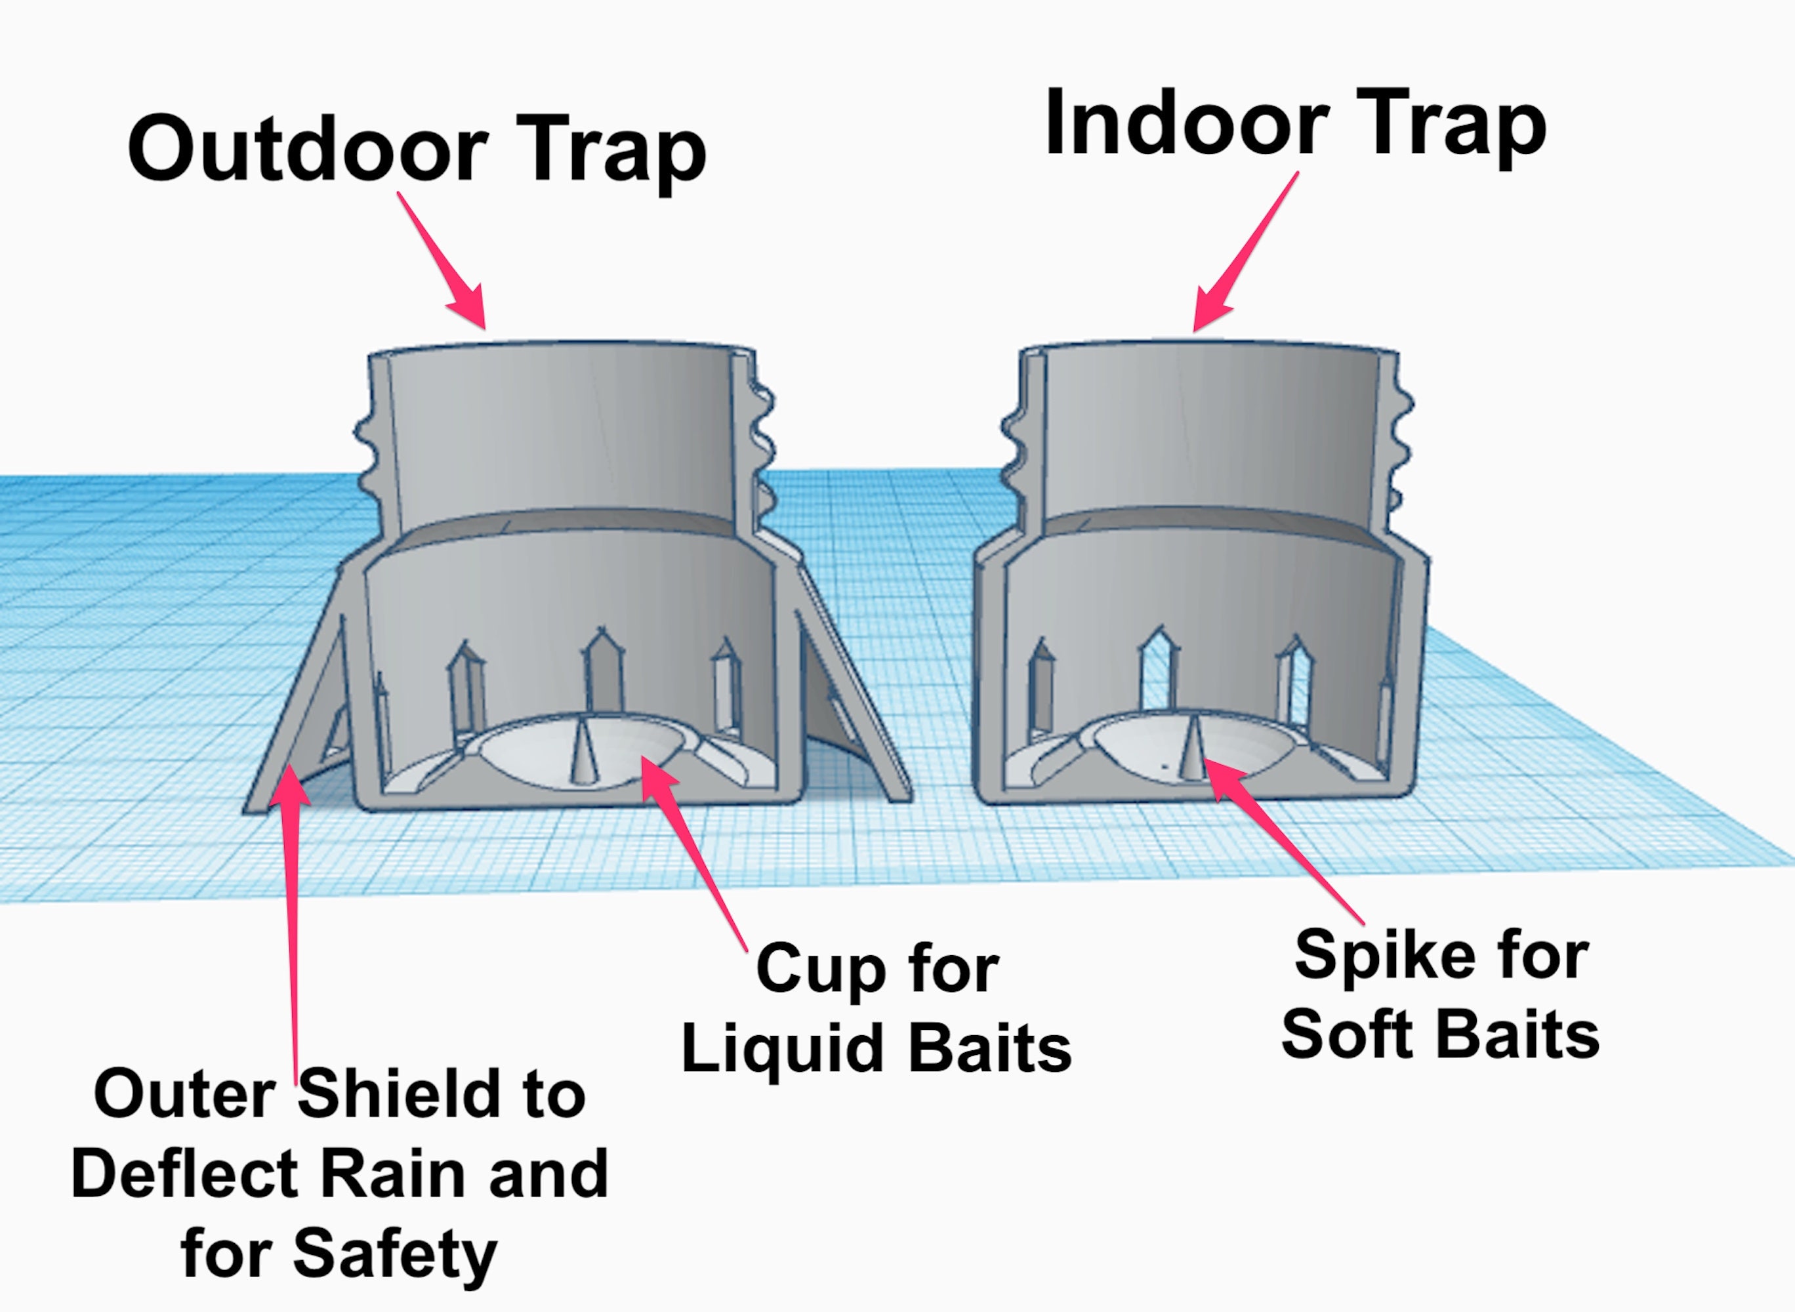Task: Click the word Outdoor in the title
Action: [308, 150]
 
